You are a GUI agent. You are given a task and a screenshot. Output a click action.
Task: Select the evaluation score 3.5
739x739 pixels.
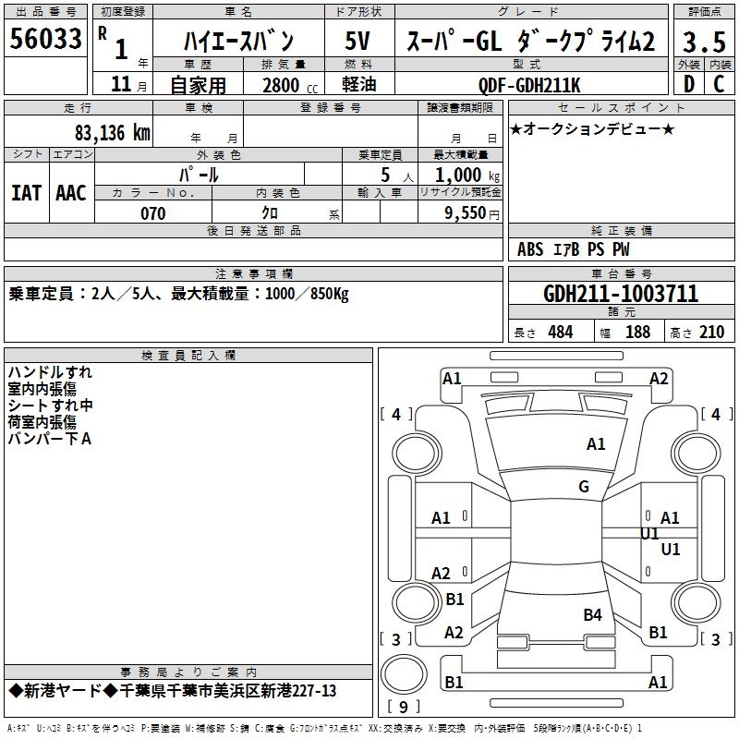click(703, 42)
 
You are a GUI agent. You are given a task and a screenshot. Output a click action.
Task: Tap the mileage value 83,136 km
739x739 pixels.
click(112, 132)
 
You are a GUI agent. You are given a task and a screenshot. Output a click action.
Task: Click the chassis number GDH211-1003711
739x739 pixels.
click(621, 295)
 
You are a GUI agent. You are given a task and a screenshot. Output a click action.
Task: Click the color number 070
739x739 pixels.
click(153, 213)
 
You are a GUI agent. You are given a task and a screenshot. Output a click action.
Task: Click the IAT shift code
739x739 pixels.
click(26, 192)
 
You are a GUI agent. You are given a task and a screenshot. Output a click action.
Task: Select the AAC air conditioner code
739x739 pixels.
click(71, 192)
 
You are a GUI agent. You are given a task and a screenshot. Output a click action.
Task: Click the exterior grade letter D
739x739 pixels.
click(688, 84)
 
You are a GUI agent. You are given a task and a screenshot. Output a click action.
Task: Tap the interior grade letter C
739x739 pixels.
click(719, 84)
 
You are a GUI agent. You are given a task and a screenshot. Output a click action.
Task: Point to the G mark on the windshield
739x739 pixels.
click(584, 487)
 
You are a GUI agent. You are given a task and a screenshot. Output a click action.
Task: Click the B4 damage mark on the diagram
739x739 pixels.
click(592, 614)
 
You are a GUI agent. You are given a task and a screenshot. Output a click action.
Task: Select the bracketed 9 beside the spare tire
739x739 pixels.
click(402, 707)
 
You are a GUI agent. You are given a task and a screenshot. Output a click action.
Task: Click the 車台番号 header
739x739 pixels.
click(621, 274)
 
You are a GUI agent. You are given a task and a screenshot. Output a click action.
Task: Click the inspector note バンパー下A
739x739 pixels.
click(50, 439)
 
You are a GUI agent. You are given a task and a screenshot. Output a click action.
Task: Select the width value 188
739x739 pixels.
click(637, 333)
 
